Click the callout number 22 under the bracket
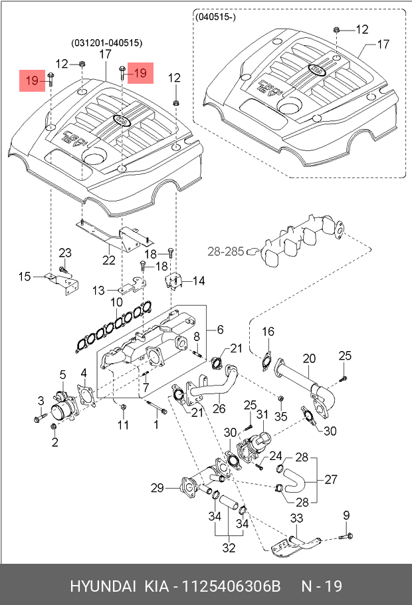(109, 259)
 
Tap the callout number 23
(65, 253)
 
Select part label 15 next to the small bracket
(25, 276)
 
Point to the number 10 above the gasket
(116, 302)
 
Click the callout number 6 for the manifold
(220, 329)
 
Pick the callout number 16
(267, 332)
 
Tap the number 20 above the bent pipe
(309, 359)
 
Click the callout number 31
(262, 414)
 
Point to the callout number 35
(280, 417)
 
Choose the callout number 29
(157, 489)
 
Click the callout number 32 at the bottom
(229, 548)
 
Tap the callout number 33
(296, 518)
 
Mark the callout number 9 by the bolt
(346, 515)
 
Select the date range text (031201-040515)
(107, 43)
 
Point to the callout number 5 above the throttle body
(62, 374)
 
